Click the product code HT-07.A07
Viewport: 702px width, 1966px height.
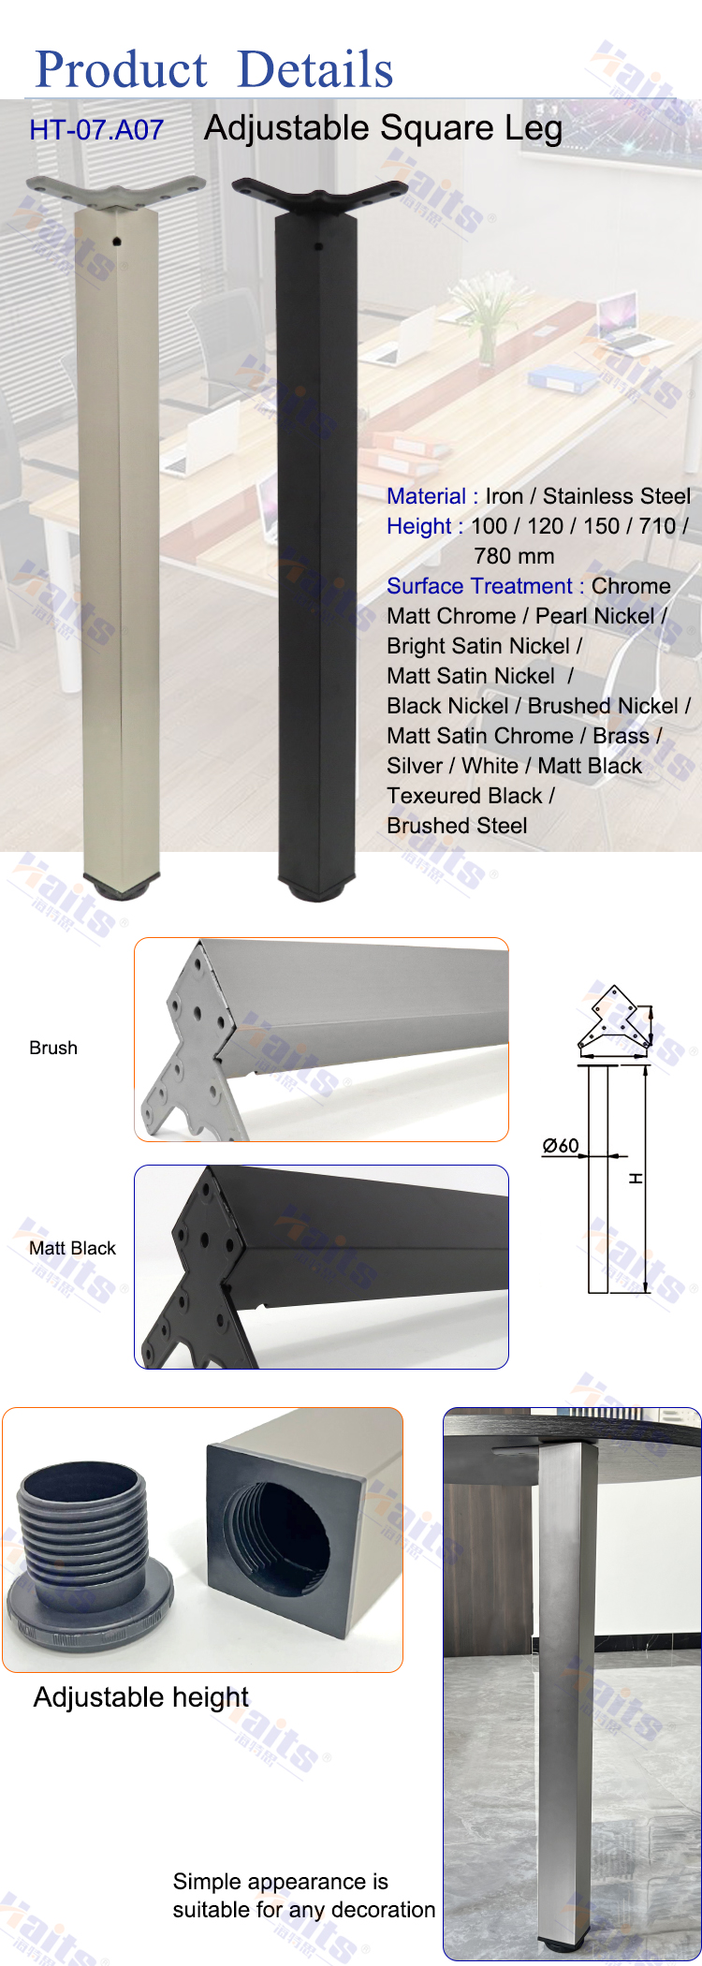click(x=96, y=129)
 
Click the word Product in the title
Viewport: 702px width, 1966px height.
click(x=121, y=70)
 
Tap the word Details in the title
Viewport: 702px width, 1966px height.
click(x=315, y=70)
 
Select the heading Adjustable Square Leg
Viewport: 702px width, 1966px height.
click(x=384, y=127)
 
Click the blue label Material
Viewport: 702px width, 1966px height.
click(x=426, y=496)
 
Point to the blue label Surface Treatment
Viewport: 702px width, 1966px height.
click(x=479, y=586)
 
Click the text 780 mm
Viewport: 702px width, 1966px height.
click(x=514, y=556)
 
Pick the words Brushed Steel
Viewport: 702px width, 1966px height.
click(x=457, y=826)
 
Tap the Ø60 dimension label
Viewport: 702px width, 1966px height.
click(x=561, y=1145)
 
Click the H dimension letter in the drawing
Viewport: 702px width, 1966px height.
click(x=636, y=1178)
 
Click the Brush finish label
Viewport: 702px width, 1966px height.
click(x=53, y=1048)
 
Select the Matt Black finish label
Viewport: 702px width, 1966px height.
click(x=72, y=1248)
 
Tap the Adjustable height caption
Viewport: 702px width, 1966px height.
click(x=141, y=1696)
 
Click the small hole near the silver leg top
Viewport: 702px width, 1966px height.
click(x=116, y=242)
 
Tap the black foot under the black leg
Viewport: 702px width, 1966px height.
click(x=316, y=888)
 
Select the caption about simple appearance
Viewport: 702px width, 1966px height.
click(x=304, y=1896)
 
